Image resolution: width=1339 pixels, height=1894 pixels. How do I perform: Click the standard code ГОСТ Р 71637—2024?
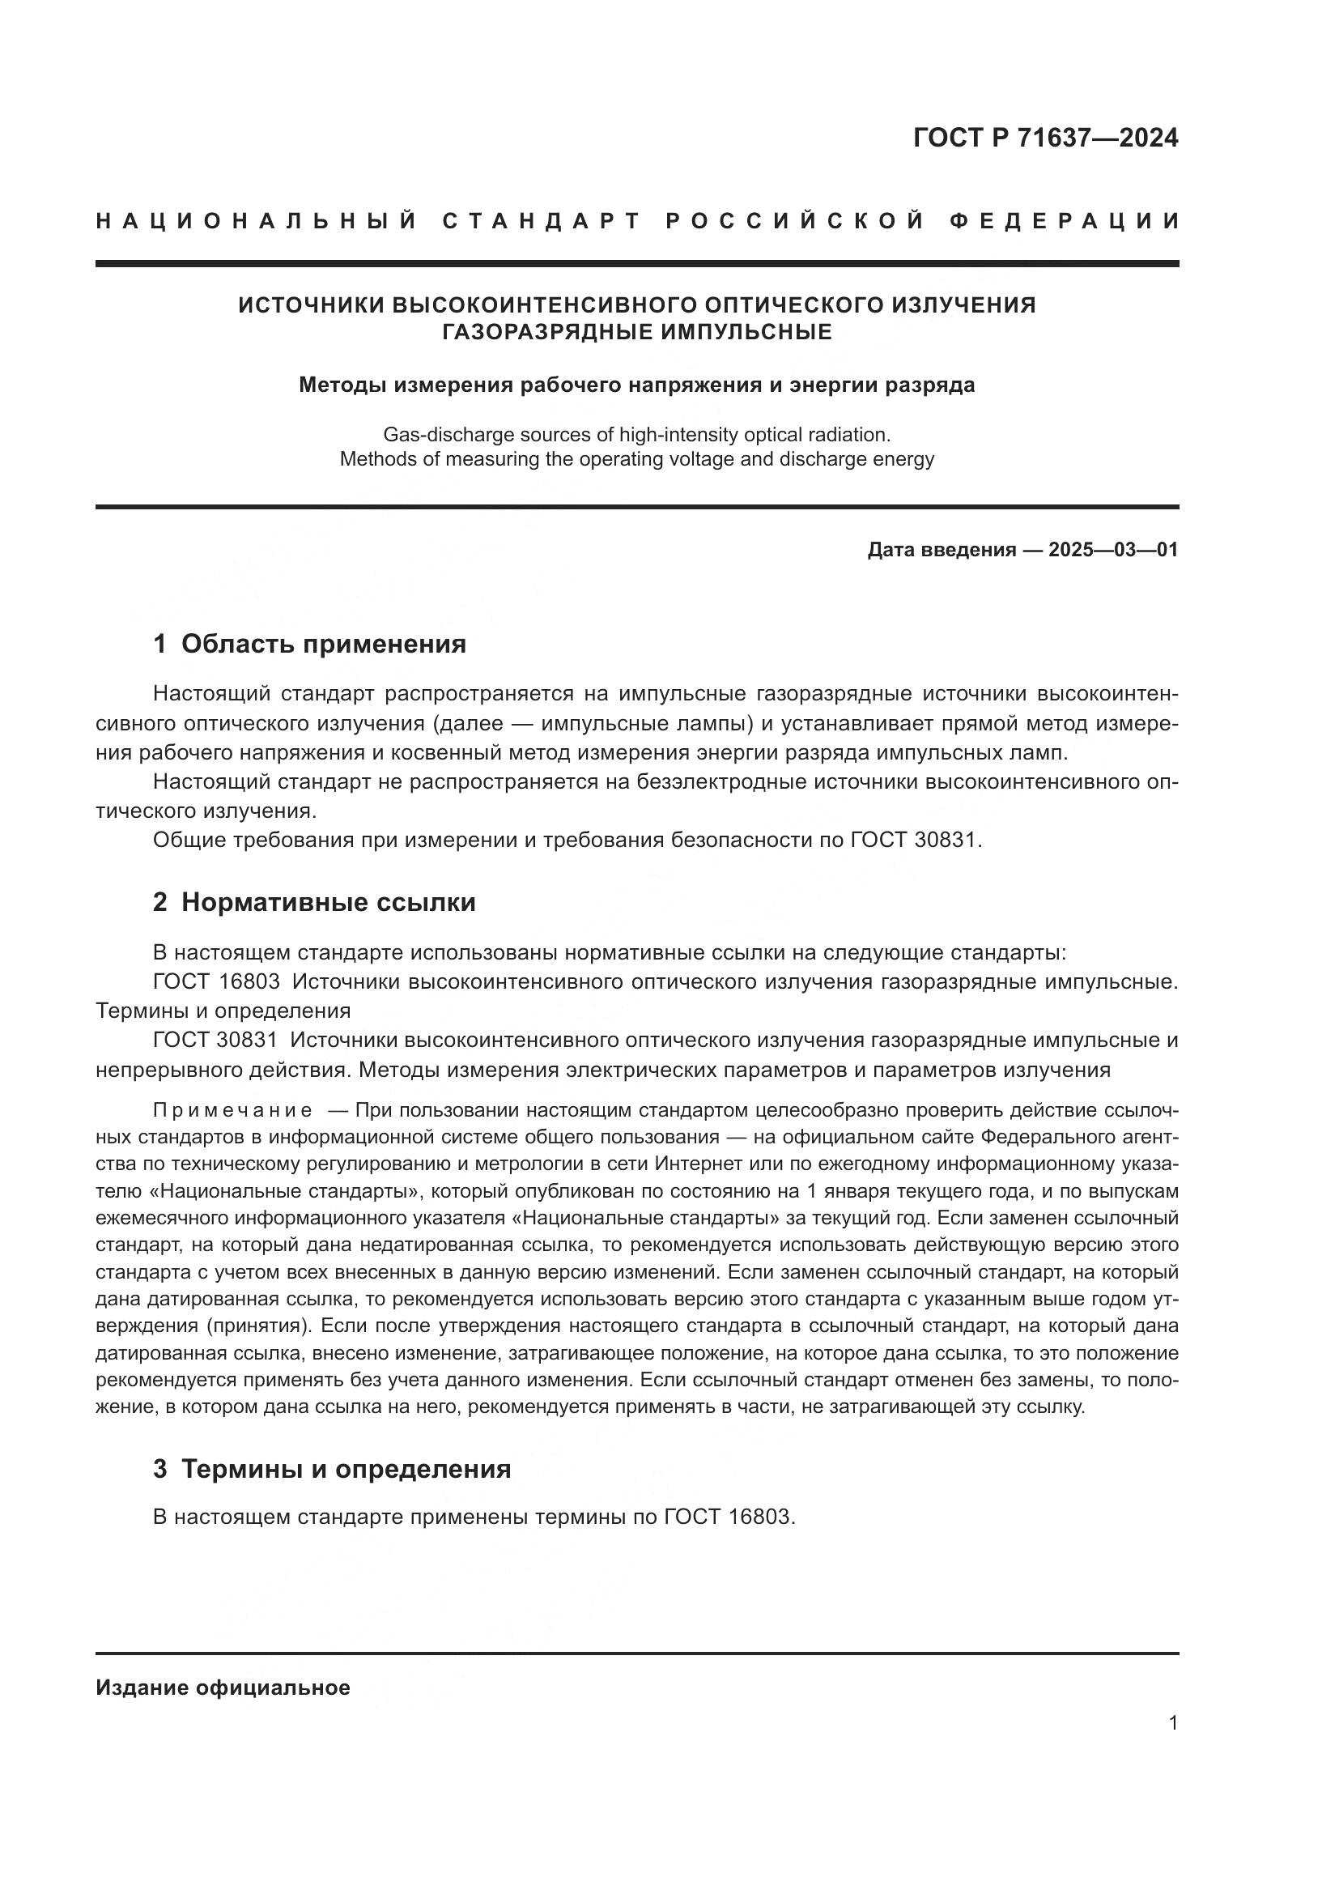1044,138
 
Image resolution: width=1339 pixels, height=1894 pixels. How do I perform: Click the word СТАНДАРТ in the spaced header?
542,221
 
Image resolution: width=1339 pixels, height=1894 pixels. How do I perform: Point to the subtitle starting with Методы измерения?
636,385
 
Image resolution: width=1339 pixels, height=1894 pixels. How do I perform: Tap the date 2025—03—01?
1112,549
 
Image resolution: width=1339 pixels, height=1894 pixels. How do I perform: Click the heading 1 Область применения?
309,645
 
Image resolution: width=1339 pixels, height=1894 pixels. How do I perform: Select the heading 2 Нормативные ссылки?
314,902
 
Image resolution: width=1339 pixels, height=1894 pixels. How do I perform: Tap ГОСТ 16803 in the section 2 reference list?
217,981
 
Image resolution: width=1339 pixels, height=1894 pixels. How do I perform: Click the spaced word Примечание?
232,1110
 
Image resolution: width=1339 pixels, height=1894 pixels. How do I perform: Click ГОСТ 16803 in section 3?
728,1517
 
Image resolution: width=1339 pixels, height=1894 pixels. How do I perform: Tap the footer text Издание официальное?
223,1688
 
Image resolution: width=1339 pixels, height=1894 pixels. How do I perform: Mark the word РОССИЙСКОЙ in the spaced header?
795,221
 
